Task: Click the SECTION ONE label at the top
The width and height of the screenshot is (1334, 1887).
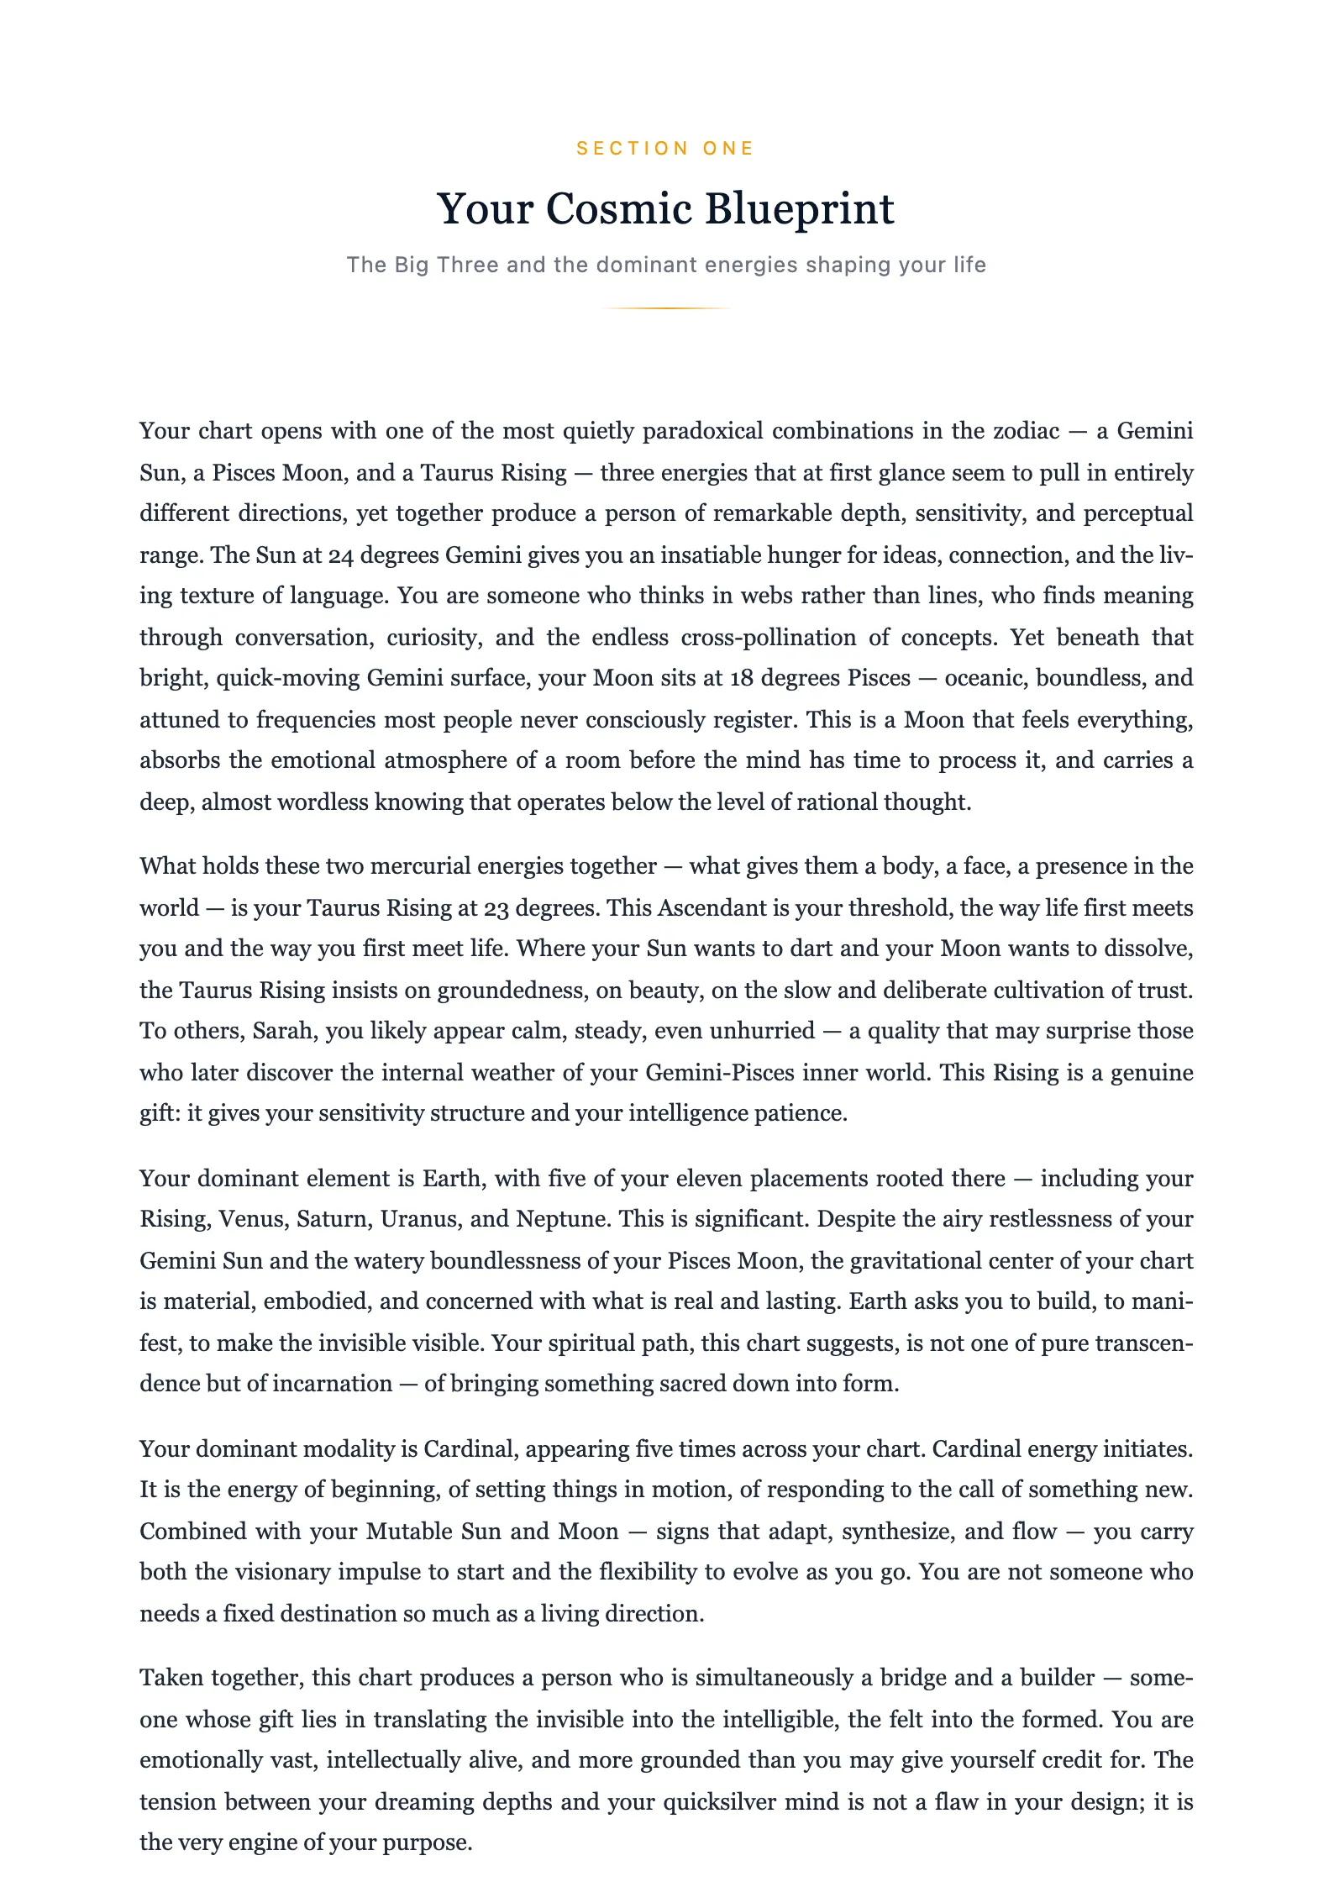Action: pos(665,149)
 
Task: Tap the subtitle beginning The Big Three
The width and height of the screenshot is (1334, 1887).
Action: pos(666,265)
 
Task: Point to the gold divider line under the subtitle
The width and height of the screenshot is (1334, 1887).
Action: pos(666,308)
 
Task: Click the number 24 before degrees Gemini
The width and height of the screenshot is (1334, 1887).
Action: pos(339,555)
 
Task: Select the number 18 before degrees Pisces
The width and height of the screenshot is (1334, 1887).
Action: pos(741,678)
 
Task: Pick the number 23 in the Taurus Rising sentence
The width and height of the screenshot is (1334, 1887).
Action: pos(495,908)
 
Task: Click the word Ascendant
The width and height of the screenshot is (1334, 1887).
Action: pos(712,908)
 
